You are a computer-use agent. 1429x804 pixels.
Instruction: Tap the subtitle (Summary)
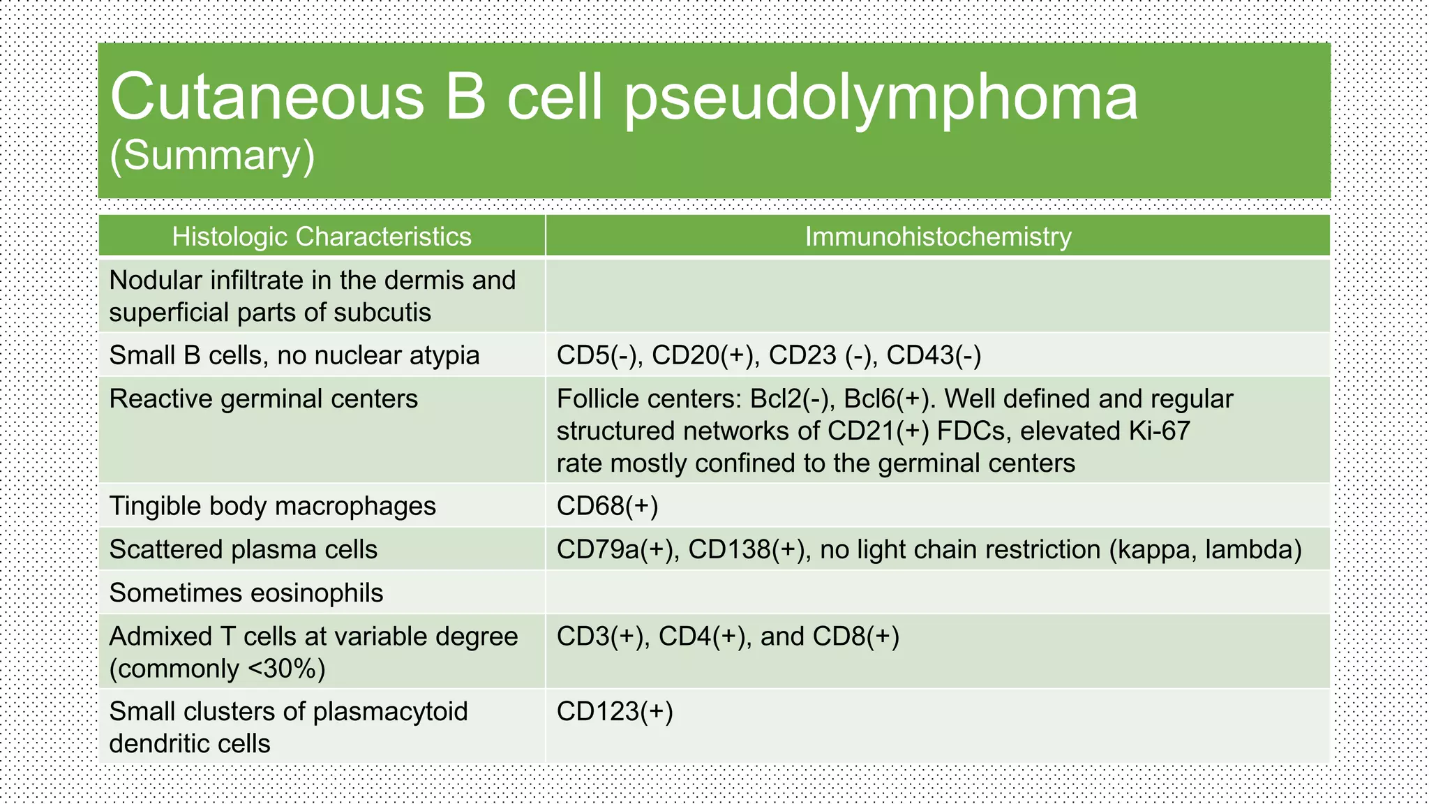pyautogui.click(x=212, y=155)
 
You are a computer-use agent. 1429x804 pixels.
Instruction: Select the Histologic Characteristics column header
pyautogui.click(x=322, y=237)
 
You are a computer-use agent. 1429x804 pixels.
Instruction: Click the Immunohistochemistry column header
pyautogui.click(x=938, y=237)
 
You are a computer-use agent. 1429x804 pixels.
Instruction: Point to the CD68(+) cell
pyautogui.click(x=607, y=506)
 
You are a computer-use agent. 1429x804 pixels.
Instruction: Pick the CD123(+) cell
pyautogui.click(x=615, y=711)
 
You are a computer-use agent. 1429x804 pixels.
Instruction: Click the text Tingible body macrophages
pyautogui.click(x=272, y=506)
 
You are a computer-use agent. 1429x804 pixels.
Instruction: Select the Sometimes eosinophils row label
pyautogui.click(x=246, y=593)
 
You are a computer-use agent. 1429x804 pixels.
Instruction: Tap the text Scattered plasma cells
pyautogui.click(x=243, y=549)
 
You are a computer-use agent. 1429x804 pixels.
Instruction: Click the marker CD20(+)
pyautogui.click(x=705, y=355)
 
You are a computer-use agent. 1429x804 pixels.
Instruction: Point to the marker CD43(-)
pyautogui.click(x=934, y=355)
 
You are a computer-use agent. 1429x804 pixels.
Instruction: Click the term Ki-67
pyautogui.click(x=1159, y=431)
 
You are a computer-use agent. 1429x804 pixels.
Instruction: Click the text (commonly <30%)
pyautogui.click(x=217, y=669)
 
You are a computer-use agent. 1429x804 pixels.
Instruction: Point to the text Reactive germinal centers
pyautogui.click(x=263, y=399)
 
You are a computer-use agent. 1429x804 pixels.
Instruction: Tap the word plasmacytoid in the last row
pyautogui.click(x=390, y=711)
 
